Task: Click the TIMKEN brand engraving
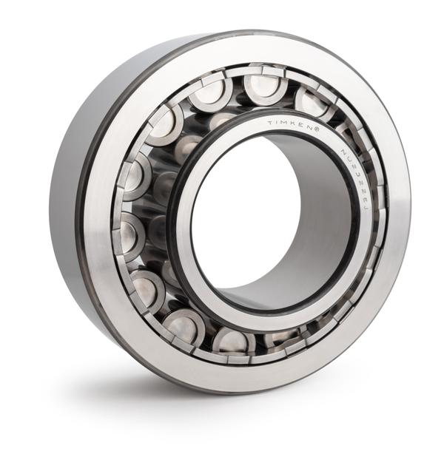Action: [292, 125]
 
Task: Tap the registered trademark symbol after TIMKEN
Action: [317, 129]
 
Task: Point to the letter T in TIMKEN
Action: [270, 123]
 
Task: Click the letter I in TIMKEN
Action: [277, 123]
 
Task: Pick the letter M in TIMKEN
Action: [286, 123]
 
